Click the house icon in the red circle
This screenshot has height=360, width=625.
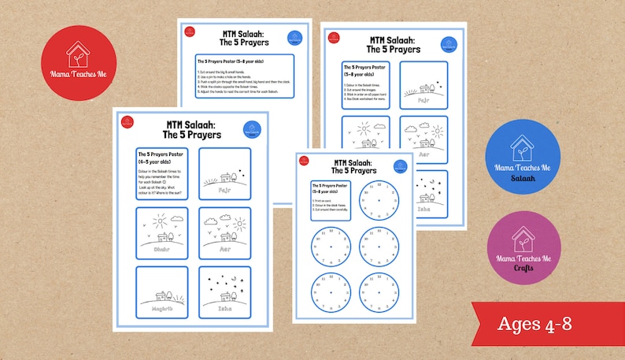[x=77, y=54]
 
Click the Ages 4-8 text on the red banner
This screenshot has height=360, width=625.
[x=540, y=324]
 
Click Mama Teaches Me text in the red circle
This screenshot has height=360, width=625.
[x=77, y=78]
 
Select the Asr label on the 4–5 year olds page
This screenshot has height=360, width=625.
[x=225, y=251]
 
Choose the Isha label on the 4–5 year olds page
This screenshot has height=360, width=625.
[x=225, y=310]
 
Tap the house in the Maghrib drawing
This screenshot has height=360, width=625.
[x=163, y=295]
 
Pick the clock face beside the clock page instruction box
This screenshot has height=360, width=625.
[x=379, y=202]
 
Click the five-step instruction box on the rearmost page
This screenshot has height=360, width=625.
[x=244, y=76]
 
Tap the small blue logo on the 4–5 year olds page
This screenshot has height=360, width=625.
[x=253, y=130]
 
